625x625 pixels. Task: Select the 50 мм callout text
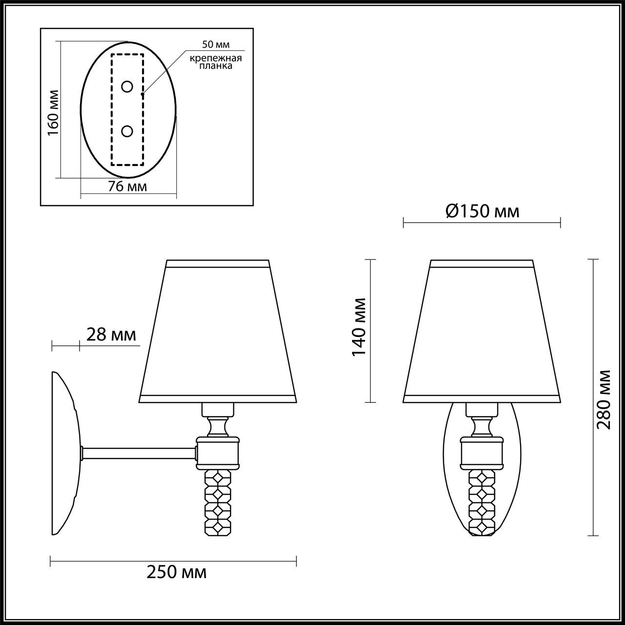(x=215, y=44)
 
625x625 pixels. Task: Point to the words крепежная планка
(x=216, y=62)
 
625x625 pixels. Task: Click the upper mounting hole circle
(x=127, y=87)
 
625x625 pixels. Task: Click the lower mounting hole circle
(x=127, y=131)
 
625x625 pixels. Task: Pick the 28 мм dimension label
(x=111, y=335)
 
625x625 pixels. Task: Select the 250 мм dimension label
(x=177, y=572)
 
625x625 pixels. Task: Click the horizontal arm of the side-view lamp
(x=139, y=454)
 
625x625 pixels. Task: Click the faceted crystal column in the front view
(x=482, y=502)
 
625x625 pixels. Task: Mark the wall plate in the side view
(x=65, y=453)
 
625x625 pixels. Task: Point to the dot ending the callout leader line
(x=143, y=94)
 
